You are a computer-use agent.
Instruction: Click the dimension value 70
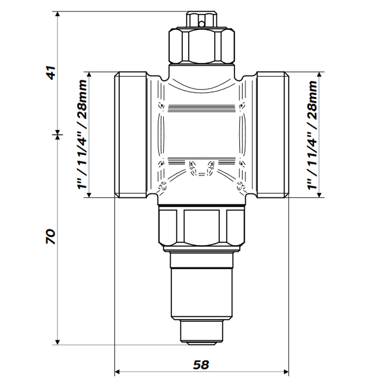coord(51,236)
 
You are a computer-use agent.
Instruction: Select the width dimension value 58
coord(201,365)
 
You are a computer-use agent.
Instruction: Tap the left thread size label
coord(83,134)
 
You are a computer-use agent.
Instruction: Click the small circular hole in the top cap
coord(201,24)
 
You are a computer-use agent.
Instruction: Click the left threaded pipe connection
coord(131,135)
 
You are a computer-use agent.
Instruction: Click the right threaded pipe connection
coord(272,135)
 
